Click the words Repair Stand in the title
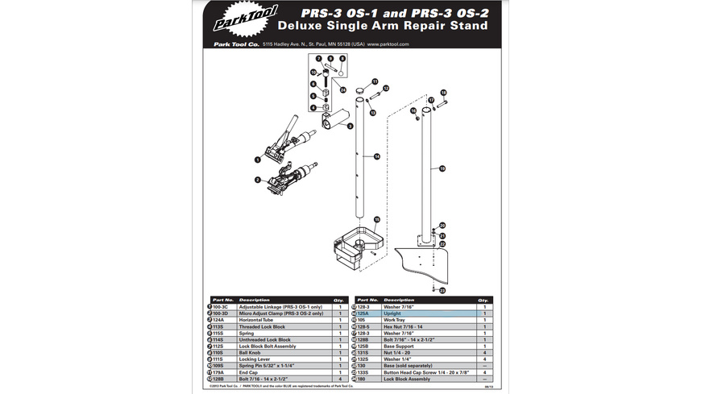(x=447, y=26)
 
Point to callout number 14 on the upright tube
(x=376, y=156)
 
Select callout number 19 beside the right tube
(x=442, y=169)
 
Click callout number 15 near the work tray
(x=376, y=218)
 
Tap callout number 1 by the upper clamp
(x=257, y=160)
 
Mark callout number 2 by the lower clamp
(x=257, y=180)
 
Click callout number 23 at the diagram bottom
(x=442, y=290)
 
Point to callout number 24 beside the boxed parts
(x=342, y=89)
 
